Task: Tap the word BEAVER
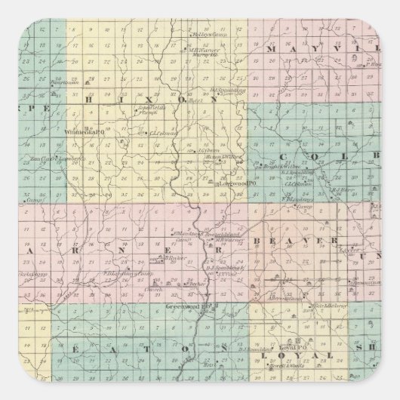pyautogui.click(x=286, y=239)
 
